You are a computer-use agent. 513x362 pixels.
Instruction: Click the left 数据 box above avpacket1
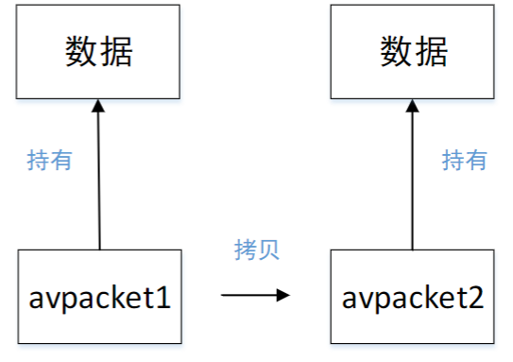98,51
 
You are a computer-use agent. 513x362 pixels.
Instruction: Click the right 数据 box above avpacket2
412,51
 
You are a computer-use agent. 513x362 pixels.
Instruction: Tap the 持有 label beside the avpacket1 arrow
49,161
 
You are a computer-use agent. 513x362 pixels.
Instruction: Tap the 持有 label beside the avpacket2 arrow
464,161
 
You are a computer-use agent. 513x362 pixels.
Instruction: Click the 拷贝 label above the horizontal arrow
257,250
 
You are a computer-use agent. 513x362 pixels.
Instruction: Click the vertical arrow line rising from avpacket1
98,180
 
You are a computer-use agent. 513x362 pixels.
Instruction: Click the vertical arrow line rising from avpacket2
412,180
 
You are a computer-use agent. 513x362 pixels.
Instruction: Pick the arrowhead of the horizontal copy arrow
282,296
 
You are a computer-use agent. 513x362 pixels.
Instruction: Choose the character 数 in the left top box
81,51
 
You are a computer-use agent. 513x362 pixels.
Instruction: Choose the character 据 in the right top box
430,51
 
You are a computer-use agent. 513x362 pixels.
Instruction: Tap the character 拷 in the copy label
246,250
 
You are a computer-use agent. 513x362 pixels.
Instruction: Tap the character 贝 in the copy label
268,250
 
